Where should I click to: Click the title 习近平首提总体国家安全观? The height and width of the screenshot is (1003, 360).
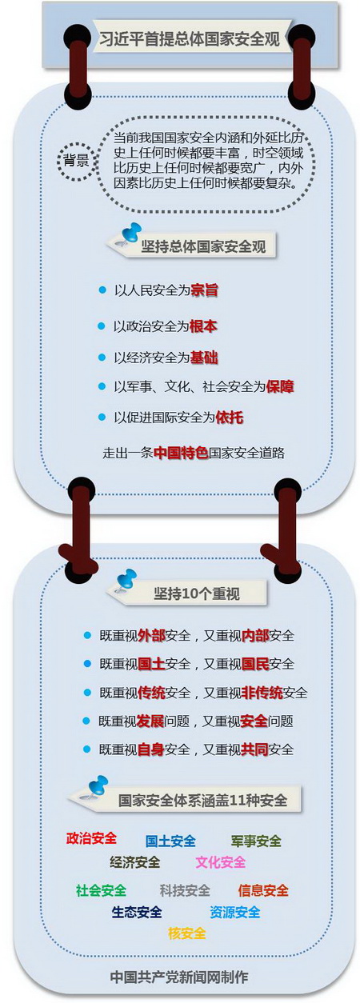[x=189, y=39]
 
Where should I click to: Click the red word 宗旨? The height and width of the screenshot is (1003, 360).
[x=205, y=290]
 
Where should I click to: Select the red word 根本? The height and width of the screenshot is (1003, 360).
[x=203, y=326]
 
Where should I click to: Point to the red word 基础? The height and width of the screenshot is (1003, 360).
[x=204, y=358]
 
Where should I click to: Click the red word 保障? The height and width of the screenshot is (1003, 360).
[x=280, y=386]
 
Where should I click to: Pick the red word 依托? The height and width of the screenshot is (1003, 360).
[x=230, y=418]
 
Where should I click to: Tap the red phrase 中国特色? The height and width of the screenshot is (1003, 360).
[x=181, y=454]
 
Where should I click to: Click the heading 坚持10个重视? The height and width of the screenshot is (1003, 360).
[x=197, y=593]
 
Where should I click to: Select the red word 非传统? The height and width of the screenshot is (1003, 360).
[x=262, y=693]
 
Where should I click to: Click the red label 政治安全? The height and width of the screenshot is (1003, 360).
[x=91, y=837]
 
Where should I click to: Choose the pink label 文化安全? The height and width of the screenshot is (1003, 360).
[x=221, y=862]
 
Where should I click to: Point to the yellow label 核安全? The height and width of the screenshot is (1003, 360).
[x=187, y=933]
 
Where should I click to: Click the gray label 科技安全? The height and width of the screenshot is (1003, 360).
[x=185, y=890]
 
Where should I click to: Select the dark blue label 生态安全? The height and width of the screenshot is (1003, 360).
[x=137, y=912]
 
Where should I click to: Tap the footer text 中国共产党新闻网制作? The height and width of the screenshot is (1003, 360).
[x=179, y=977]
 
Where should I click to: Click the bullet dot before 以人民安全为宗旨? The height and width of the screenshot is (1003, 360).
[x=102, y=290]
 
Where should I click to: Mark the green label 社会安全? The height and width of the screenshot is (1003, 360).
[x=101, y=890]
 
